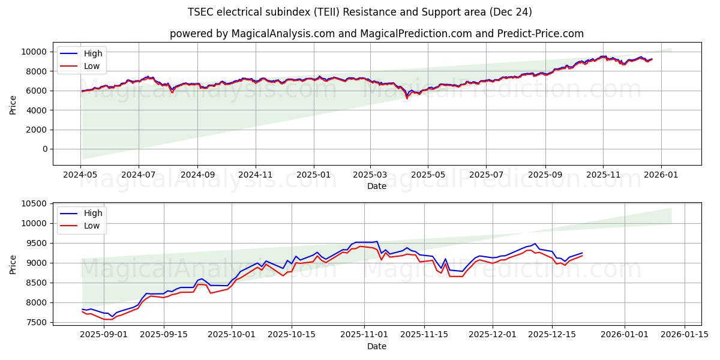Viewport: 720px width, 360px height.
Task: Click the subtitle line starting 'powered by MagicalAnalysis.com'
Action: tap(376, 34)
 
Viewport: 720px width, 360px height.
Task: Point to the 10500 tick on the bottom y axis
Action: tap(35, 204)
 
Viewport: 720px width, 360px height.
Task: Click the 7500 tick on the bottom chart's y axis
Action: tap(38, 322)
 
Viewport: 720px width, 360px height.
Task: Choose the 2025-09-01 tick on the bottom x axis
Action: tap(103, 334)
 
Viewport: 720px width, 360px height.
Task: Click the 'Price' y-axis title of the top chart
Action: tap(13, 104)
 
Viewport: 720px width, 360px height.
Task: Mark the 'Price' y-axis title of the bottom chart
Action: tap(13, 263)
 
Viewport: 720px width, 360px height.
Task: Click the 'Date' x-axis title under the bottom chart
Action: tap(376, 346)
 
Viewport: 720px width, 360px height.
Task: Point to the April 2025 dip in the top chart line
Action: tap(407, 97)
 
